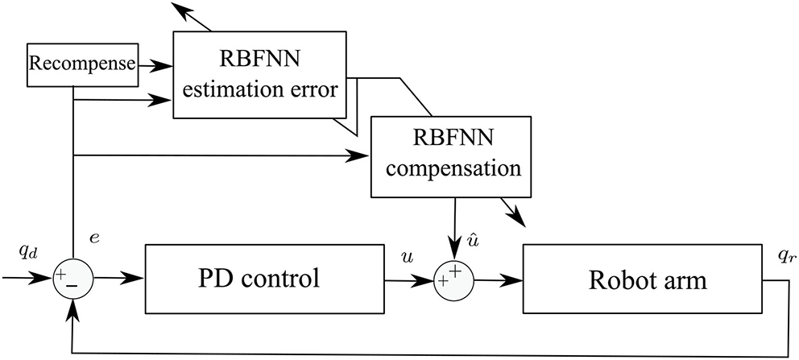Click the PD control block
pyautogui.click(x=259, y=279)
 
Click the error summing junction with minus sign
pyautogui.click(x=72, y=279)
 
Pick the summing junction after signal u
pyautogui.click(x=452, y=279)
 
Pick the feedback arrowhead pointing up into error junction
pyautogui.click(x=73, y=309)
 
